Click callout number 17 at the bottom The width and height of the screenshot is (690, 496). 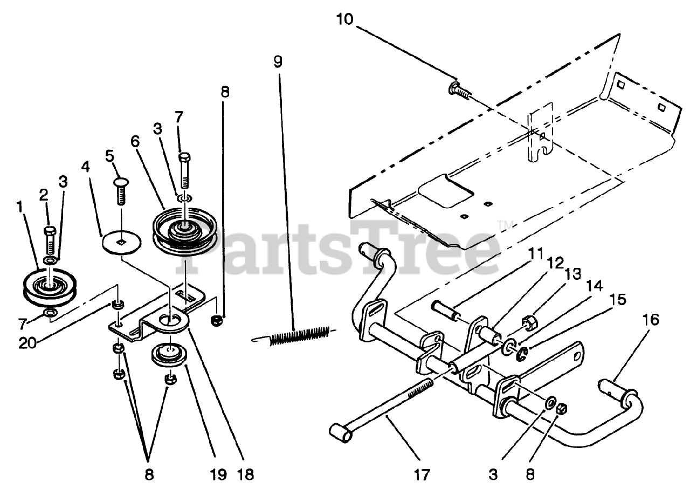point(422,475)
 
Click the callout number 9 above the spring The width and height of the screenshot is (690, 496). point(277,61)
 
